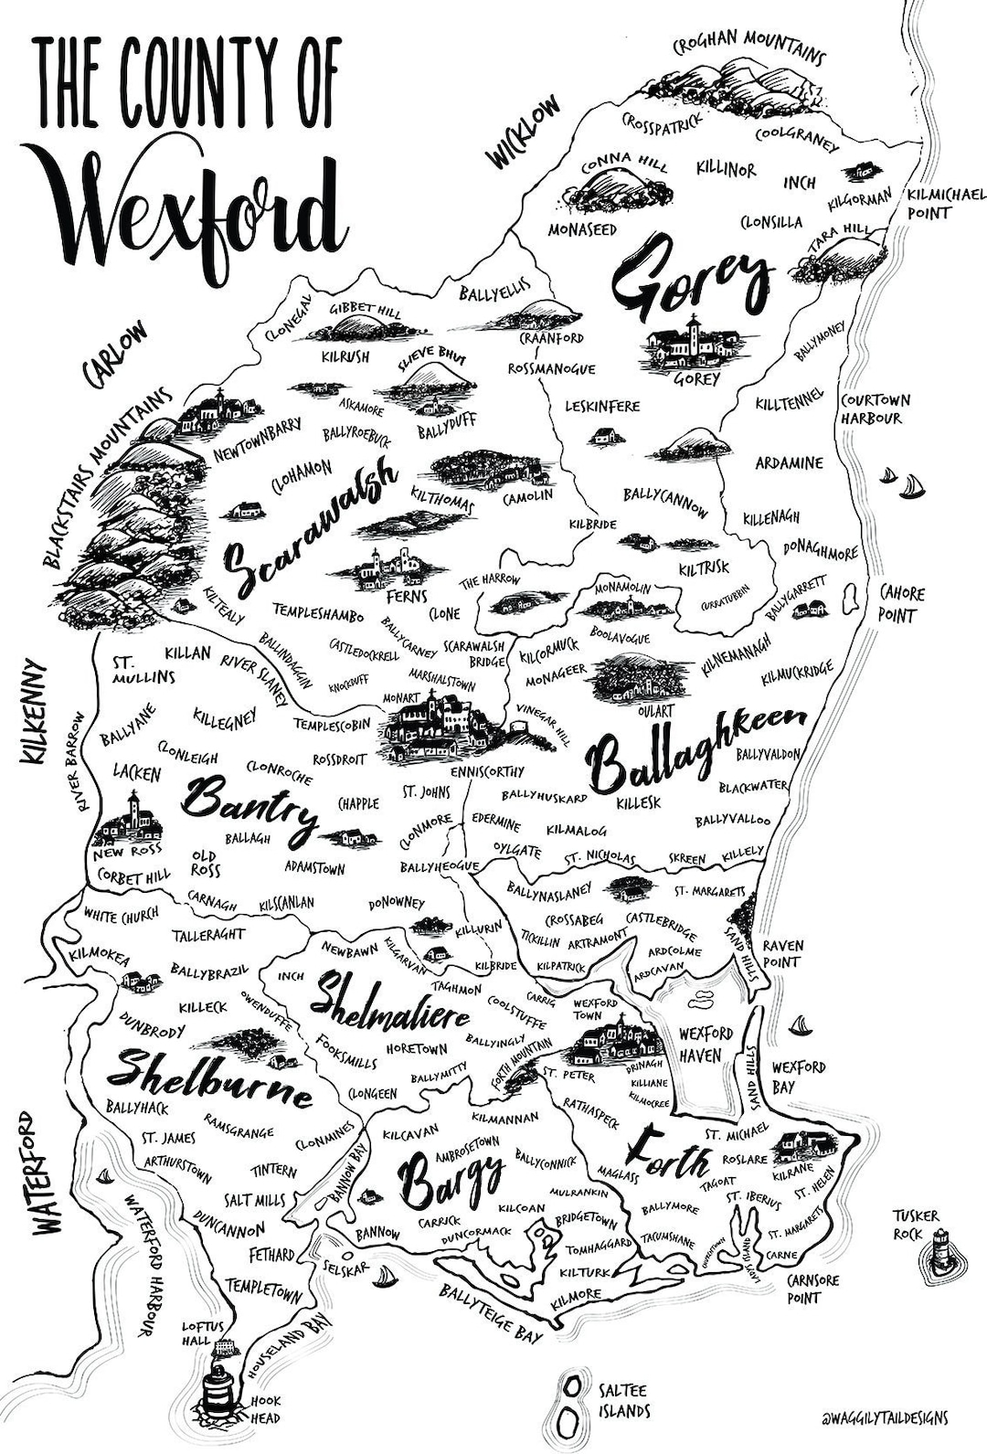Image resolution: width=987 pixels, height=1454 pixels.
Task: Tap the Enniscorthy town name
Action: click(x=487, y=771)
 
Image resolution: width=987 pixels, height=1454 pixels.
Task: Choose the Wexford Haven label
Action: click(x=706, y=1045)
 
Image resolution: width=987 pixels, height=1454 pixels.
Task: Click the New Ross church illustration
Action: click(x=130, y=821)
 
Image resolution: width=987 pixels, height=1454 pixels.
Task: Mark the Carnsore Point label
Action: click(x=812, y=1289)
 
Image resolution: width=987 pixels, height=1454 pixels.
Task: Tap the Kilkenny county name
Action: click(x=35, y=712)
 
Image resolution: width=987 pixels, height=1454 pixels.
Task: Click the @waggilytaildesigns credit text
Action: click(x=884, y=1418)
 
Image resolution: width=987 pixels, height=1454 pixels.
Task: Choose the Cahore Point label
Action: click(x=900, y=604)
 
